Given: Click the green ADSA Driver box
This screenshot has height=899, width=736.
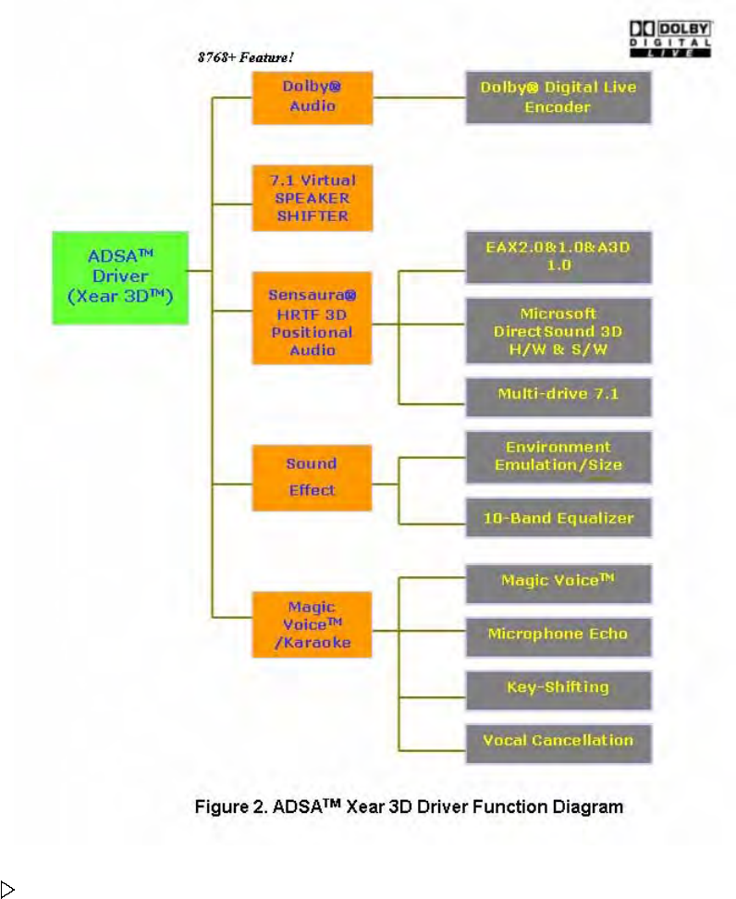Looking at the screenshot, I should coord(120,277).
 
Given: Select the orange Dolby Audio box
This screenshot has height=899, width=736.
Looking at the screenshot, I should coord(312,97).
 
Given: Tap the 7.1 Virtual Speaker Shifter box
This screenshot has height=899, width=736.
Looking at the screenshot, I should coord(312,198).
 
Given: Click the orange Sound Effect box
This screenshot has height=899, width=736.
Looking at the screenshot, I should coord(312,477).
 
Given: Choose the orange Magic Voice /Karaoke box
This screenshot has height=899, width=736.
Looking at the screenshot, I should coord(312,624).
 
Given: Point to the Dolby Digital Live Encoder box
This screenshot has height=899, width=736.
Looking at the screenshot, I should coord(558,97).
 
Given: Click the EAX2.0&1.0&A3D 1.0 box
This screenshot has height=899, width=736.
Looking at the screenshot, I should coord(558,257).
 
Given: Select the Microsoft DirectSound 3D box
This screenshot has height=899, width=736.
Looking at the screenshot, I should coord(558,330).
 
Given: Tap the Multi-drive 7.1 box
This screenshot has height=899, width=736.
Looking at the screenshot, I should coord(558,397).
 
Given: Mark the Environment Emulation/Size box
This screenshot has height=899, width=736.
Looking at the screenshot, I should coord(558,457).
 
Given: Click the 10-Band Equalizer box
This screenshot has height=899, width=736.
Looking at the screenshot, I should coord(558,518).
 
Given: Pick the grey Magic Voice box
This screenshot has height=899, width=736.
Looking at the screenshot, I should coord(558,584).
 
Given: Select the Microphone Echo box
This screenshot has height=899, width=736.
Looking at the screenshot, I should coord(558,635).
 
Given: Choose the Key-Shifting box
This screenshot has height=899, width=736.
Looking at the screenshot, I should coord(558,688).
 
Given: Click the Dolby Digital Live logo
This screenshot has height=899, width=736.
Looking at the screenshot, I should coord(670,40).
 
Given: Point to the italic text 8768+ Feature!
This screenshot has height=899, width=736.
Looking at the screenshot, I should coord(246,57).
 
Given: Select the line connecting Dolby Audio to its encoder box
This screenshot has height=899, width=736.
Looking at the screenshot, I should coord(419,97).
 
